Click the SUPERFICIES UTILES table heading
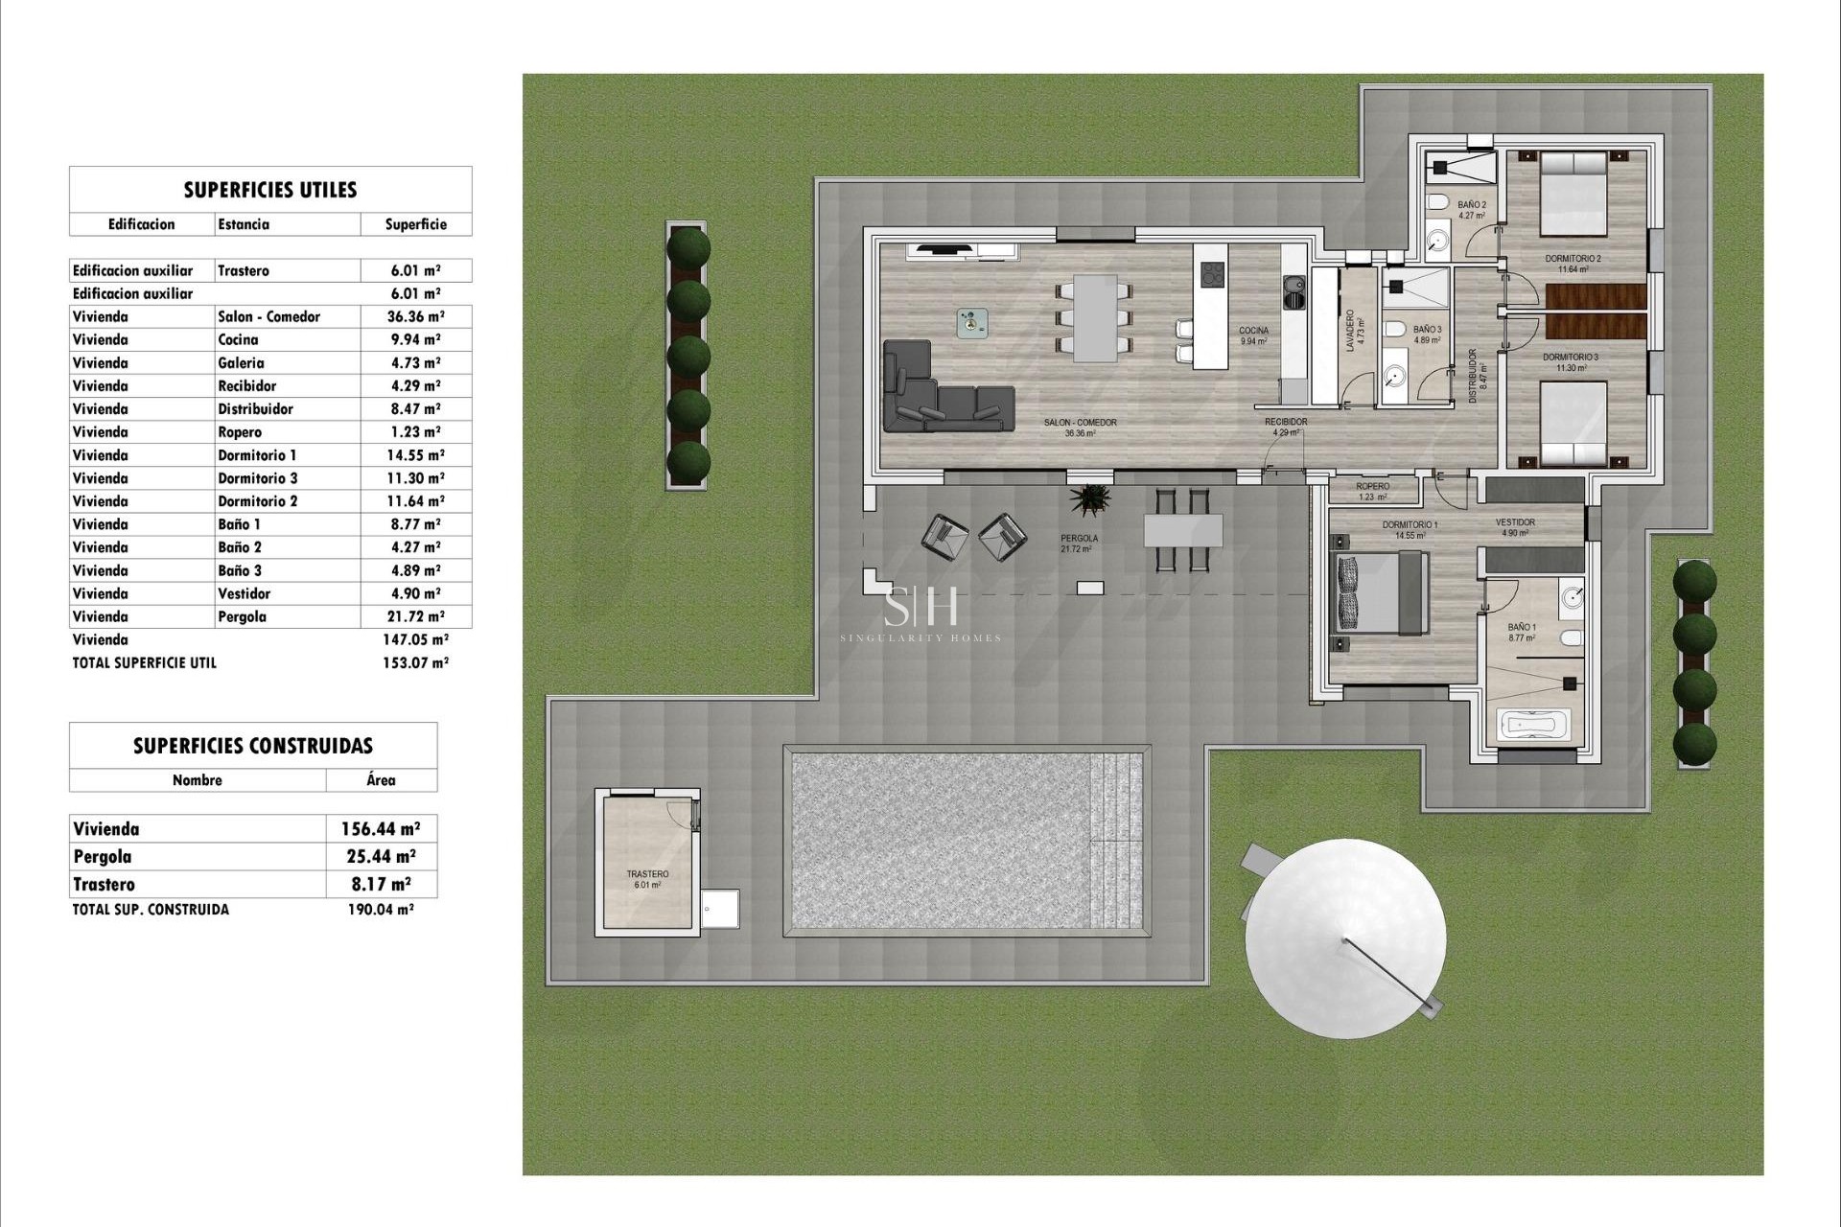tap(270, 190)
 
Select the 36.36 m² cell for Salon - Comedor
tap(415, 316)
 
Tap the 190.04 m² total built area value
tap(380, 910)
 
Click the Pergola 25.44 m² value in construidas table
tap(381, 857)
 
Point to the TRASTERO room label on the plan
tap(647, 874)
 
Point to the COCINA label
tap(1253, 331)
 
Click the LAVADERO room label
tap(1350, 331)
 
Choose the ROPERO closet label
tap(1373, 487)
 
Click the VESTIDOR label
tap(1515, 522)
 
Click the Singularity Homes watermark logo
tap(920, 613)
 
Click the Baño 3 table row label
tap(240, 570)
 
